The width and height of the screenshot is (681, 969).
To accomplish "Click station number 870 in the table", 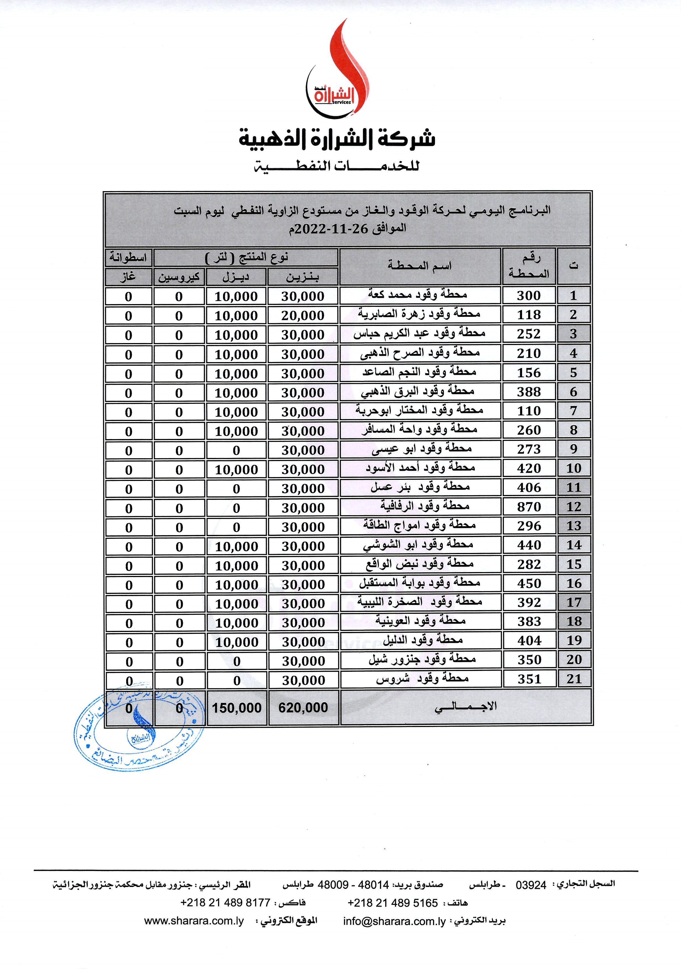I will point(529,507).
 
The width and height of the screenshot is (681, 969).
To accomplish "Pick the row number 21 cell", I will point(574,679).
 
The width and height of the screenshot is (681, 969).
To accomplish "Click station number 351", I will point(529,679).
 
